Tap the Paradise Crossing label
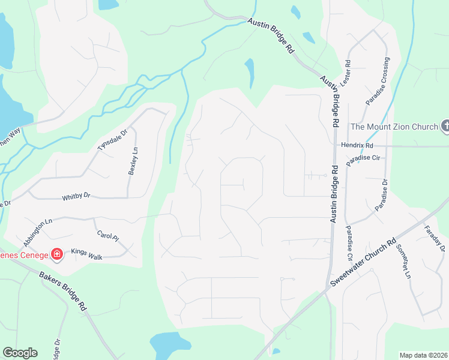pyautogui.click(x=378, y=82)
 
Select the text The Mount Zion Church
pyautogui.click(x=394, y=126)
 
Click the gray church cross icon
pyautogui.click(x=445, y=126)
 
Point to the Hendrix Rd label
pyautogui.click(x=357, y=146)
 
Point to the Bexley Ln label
pyautogui.click(x=133, y=161)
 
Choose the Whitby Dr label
pyautogui.click(x=76, y=196)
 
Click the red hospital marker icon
pyautogui.click(x=57, y=255)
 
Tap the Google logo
pyautogui.click(x=20, y=353)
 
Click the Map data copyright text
pyautogui.click(x=423, y=355)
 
